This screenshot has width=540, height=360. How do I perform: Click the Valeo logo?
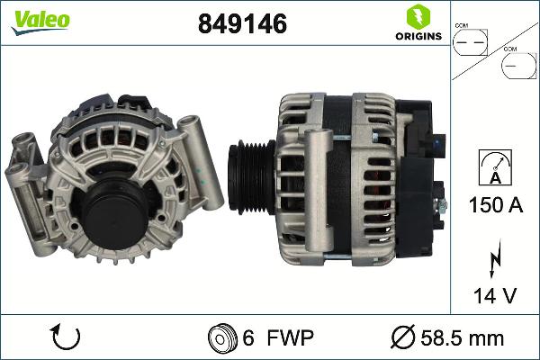(x=40, y=21)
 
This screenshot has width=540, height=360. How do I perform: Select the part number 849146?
(x=242, y=24)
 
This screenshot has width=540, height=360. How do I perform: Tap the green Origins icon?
(x=417, y=16)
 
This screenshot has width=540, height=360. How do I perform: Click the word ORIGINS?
(x=417, y=36)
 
